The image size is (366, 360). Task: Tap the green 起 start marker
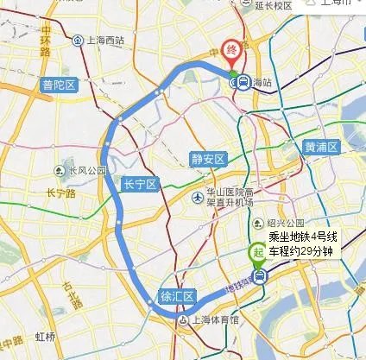[x=256, y=253]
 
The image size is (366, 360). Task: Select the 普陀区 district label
[x=60, y=85]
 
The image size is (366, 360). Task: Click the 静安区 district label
[x=208, y=159]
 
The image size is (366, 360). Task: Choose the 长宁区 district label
[x=139, y=185]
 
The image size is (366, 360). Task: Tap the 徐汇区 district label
[x=177, y=296]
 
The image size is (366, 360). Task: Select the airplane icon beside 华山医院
[x=199, y=198]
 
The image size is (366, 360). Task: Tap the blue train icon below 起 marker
[x=259, y=275]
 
